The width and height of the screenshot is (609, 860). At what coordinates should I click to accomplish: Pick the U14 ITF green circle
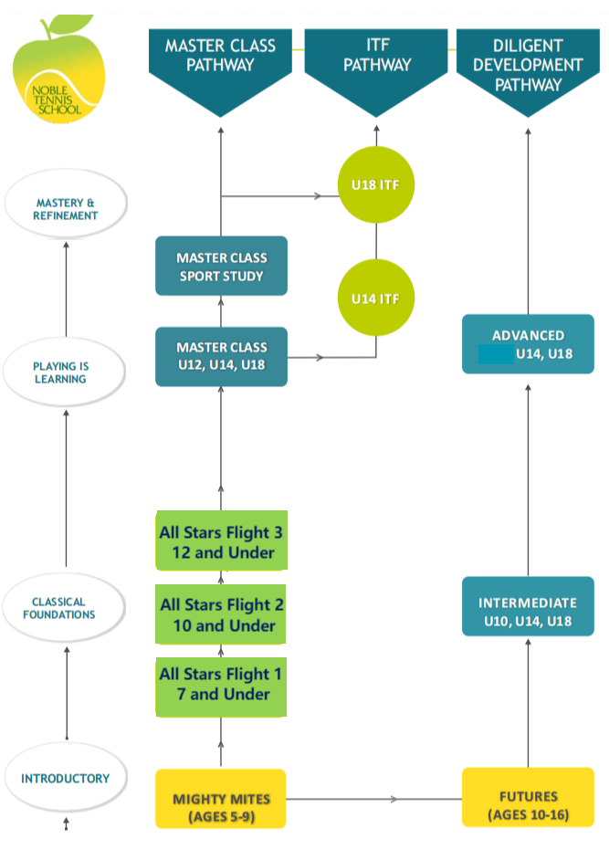pyautogui.click(x=377, y=298)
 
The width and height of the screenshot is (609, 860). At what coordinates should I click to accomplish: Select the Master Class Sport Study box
pyautogui.click(x=222, y=267)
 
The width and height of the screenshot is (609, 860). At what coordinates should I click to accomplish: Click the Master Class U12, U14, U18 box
pyautogui.click(x=222, y=357)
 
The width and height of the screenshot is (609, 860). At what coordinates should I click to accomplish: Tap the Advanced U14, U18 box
pyautogui.click(x=528, y=344)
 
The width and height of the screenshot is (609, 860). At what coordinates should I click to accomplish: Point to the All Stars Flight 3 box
pyautogui.click(x=222, y=542)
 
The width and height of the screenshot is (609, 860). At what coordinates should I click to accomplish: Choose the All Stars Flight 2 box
pyautogui.click(x=222, y=614)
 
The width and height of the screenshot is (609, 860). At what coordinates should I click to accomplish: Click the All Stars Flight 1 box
pyautogui.click(x=222, y=685)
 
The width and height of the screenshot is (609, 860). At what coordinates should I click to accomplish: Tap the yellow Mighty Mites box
pyautogui.click(x=222, y=799)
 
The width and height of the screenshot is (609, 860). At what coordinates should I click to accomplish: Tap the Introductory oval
pyautogui.click(x=66, y=779)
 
